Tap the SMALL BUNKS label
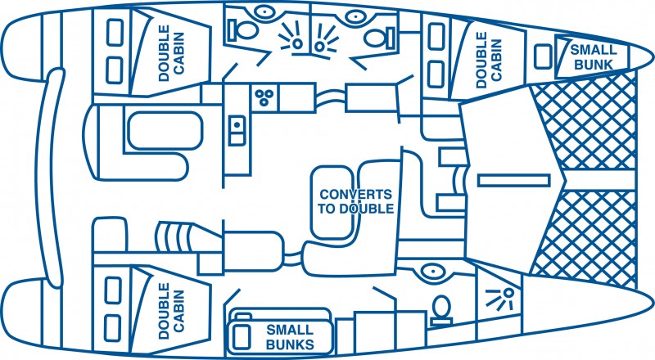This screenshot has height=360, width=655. click(290, 336)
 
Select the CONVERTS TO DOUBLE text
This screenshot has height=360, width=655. click(355, 201)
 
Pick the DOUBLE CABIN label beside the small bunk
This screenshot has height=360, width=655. click(487, 59)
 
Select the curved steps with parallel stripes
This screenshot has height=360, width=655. click(178, 239)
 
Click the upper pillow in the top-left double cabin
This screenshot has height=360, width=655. click(114, 34)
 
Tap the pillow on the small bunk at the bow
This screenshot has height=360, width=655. click(543, 56)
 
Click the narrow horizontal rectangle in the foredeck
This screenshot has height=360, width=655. click(513, 178)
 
